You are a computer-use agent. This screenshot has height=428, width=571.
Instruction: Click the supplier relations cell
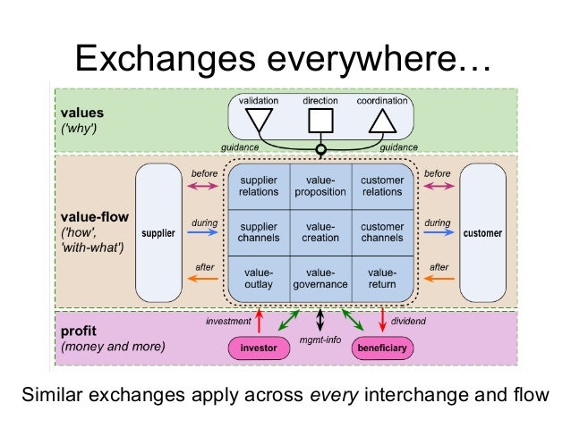[x=259, y=186]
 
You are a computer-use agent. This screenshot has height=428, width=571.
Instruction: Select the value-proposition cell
[x=320, y=186]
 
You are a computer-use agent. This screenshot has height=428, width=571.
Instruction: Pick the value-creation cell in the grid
[x=320, y=231]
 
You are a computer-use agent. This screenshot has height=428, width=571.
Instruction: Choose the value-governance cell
[x=320, y=278]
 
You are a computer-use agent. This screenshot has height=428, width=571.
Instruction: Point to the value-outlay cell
[x=259, y=278]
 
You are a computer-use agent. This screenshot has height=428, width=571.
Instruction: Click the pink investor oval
[x=258, y=348]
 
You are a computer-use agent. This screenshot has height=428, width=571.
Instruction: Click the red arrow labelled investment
[x=259, y=319]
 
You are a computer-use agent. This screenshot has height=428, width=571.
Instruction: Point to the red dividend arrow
[x=383, y=319]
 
